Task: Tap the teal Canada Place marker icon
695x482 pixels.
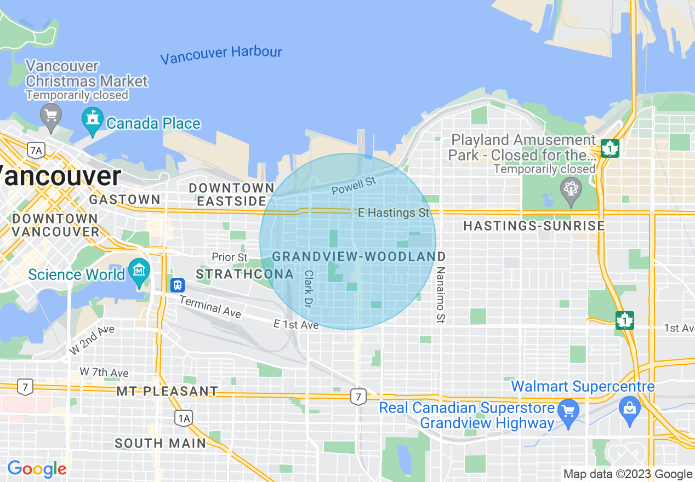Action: pyautogui.click(x=92, y=119)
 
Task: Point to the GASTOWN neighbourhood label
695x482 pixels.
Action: pyautogui.click(x=124, y=199)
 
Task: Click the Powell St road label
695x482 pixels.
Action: pyautogui.click(x=354, y=185)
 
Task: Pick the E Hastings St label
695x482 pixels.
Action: pyautogui.click(x=394, y=213)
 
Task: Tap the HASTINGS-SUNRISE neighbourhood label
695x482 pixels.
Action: pyautogui.click(x=534, y=226)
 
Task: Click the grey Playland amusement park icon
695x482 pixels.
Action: pyautogui.click(x=571, y=190)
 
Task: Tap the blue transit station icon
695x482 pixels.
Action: pyautogui.click(x=177, y=285)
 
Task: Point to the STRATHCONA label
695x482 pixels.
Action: pyautogui.click(x=236, y=273)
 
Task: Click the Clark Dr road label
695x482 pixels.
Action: pyautogui.click(x=308, y=288)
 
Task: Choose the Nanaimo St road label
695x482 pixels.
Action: pyautogui.click(x=440, y=295)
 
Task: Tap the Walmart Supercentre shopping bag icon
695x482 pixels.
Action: pyautogui.click(x=630, y=409)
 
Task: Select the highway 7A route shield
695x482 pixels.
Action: pyautogui.click(x=36, y=150)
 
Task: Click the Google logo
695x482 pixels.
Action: pyautogui.click(x=37, y=469)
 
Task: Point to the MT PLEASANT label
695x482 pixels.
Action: pyautogui.click(x=167, y=392)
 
